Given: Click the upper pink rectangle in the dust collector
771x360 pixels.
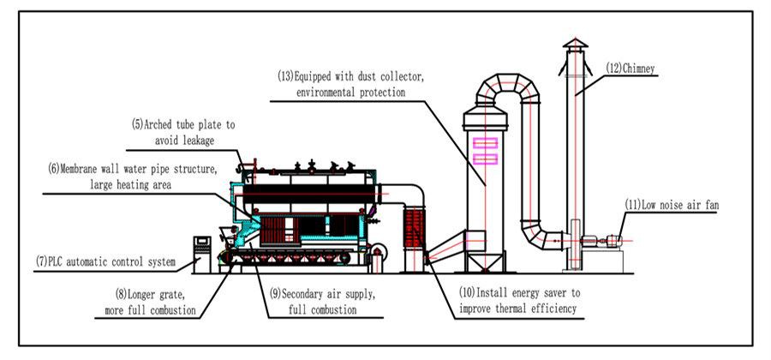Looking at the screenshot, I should coord(486,144).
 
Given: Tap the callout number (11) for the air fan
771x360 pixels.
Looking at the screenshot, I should coord(633,205).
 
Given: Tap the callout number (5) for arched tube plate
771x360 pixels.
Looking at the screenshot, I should coord(136,124).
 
